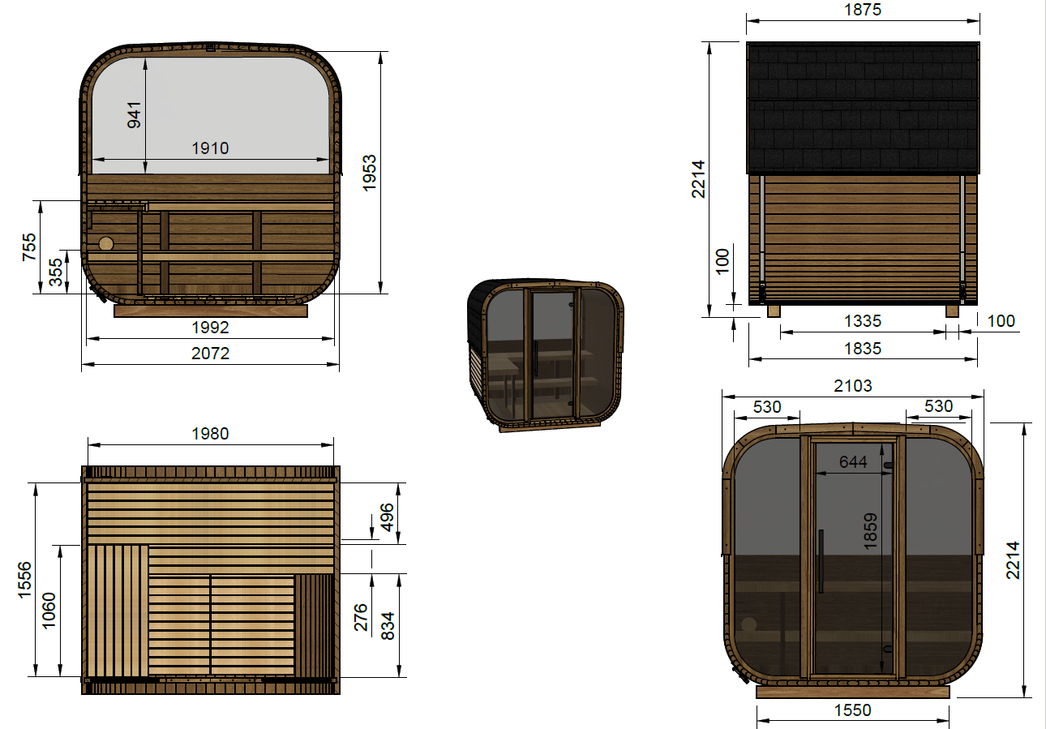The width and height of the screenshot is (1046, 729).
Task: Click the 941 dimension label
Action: [x=134, y=115]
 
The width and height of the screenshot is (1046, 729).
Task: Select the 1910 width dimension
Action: [x=210, y=148]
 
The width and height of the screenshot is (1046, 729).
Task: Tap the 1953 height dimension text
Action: [x=369, y=173]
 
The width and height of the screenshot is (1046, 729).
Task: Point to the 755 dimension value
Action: [x=29, y=247]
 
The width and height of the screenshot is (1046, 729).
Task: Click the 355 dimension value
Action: [x=56, y=272]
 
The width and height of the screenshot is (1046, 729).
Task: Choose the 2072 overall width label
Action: [x=210, y=354]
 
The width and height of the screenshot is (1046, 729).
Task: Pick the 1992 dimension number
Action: [x=210, y=328]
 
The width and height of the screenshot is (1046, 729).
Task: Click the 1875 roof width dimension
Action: [x=863, y=10]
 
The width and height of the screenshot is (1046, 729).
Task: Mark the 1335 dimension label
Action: [x=863, y=321]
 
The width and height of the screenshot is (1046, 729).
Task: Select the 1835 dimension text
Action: [x=863, y=349]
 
